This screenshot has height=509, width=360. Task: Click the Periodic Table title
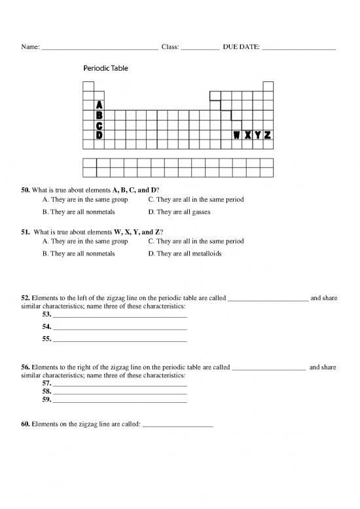(x=105, y=67)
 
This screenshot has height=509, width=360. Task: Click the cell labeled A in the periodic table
(x=99, y=105)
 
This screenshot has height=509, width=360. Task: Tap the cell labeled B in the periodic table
(x=99, y=115)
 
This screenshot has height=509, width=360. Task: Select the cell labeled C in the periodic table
(x=99, y=125)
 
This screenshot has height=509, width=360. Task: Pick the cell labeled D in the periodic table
(x=99, y=135)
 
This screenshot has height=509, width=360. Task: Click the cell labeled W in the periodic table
(x=236, y=135)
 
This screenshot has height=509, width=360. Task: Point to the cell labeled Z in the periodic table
(x=268, y=135)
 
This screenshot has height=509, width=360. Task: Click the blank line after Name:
(x=99, y=48)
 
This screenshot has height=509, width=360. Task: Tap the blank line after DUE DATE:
(x=298, y=48)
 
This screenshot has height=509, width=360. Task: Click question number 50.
(x=27, y=190)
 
